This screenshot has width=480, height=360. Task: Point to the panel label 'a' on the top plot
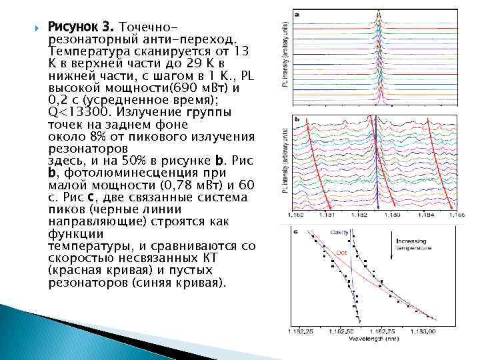point(296,14)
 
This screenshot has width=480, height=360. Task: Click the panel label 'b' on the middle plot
point(296,121)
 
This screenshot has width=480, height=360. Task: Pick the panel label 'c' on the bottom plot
point(296,231)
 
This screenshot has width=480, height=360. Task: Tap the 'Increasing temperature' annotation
point(415,244)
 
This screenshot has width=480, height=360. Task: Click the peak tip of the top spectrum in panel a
point(379,11)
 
